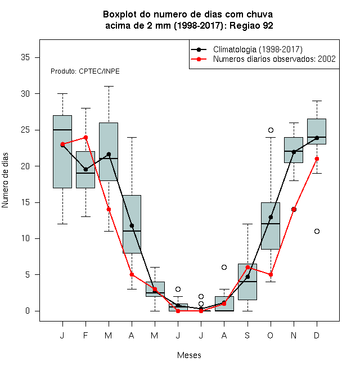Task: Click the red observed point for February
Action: pyautogui.click(x=85, y=137)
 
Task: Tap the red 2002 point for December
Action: pyautogui.click(x=317, y=159)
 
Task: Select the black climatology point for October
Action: pyautogui.click(x=271, y=217)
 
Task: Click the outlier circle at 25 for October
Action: pyautogui.click(x=271, y=130)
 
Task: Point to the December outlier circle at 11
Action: pyautogui.click(x=317, y=231)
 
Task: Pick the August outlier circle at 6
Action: pyautogui.click(x=224, y=268)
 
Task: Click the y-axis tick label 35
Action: pyautogui.click(x=25, y=57)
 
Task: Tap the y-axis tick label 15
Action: pyautogui.click(x=25, y=202)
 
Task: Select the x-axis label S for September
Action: pyautogui.click(x=247, y=335)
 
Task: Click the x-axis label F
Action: pyautogui.click(x=85, y=335)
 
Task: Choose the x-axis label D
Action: pyautogui.click(x=317, y=335)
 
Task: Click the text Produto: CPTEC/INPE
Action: pyautogui.click(x=85, y=71)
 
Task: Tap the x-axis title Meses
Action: pyautogui.click(x=189, y=355)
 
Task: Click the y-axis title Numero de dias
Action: pyautogui.click(x=5, y=180)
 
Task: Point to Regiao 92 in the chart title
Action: pyautogui.click(x=251, y=25)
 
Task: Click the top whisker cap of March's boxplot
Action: pyautogui.click(x=109, y=87)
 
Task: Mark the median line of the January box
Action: pyautogui.click(x=62, y=130)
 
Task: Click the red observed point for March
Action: pyautogui.click(x=109, y=210)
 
